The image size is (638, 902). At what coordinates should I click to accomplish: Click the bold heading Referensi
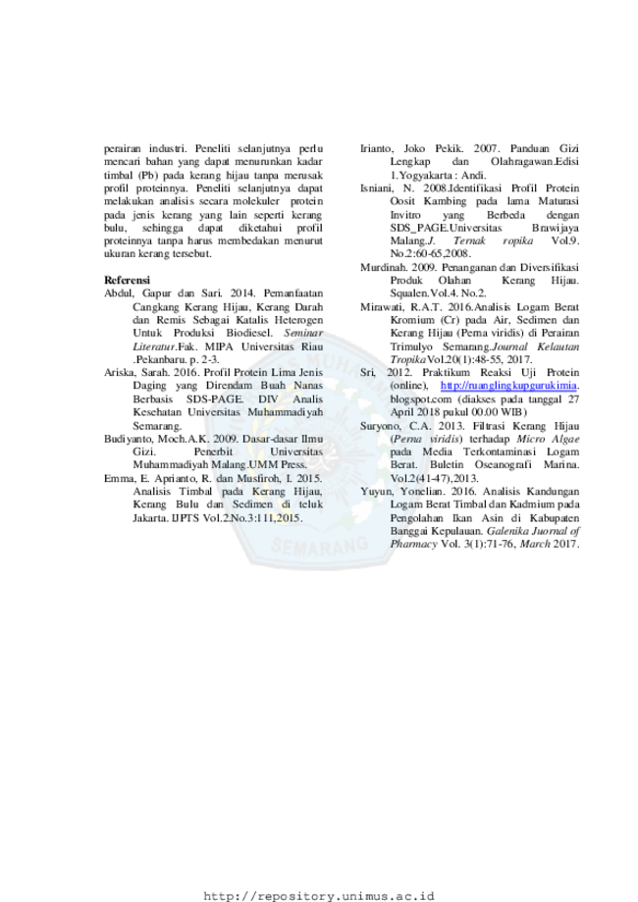(x=127, y=280)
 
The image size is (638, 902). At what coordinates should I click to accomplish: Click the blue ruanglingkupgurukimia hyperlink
(x=509, y=386)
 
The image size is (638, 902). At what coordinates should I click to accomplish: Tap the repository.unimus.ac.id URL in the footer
(x=319, y=896)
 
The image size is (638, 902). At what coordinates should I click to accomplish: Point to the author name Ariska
(x=119, y=372)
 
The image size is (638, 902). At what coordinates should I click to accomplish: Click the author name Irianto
(x=376, y=148)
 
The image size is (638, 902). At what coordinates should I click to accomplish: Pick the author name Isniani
(x=376, y=188)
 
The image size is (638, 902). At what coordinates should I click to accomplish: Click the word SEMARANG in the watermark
(x=319, y=544)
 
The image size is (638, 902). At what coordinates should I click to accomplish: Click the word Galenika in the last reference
(x=506, y=531)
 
